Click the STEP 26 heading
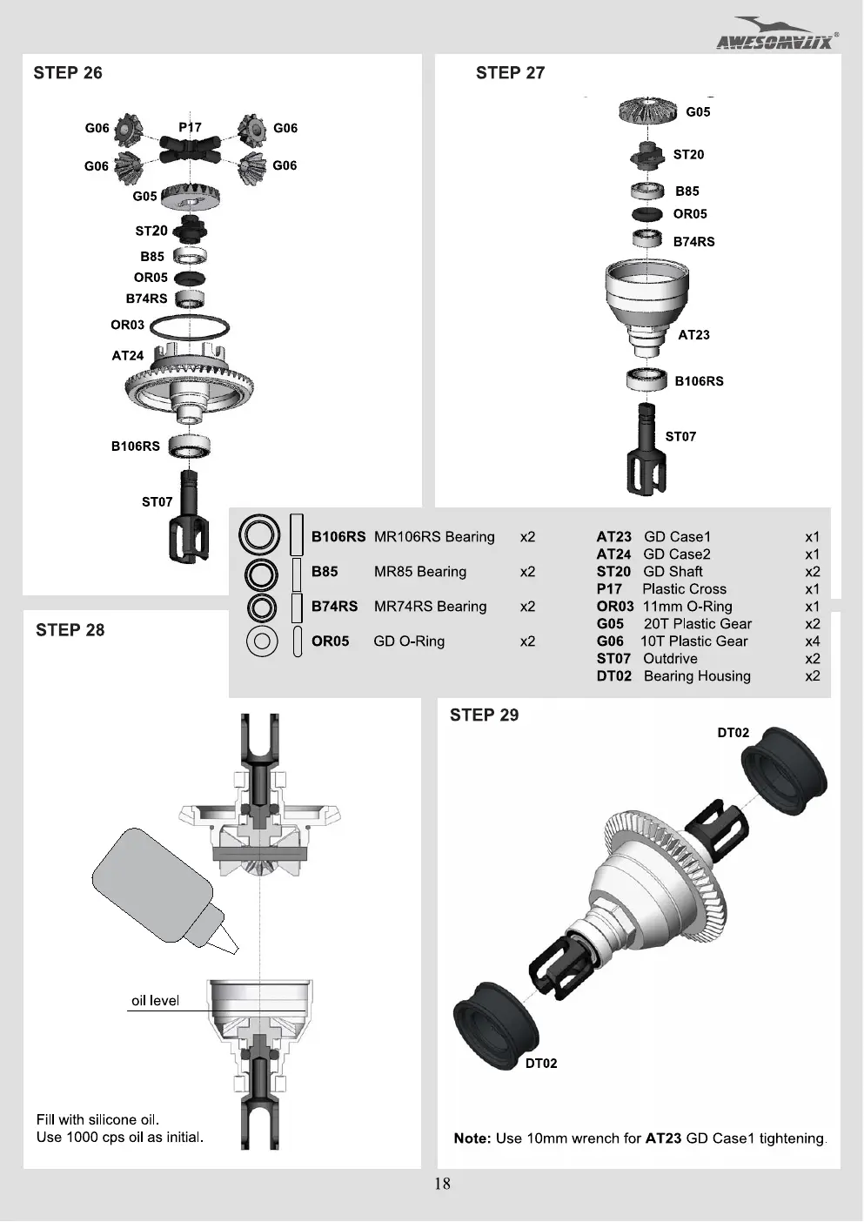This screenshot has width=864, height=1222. tap(68, 72)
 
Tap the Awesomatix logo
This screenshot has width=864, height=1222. tap(777, 34)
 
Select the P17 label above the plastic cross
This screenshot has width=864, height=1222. tap(190, 127)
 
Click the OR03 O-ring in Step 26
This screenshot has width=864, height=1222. tap(190, 327)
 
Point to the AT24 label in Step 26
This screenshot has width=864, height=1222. tap(128, 356)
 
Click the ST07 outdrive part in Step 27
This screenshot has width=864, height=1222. tap(646, 449)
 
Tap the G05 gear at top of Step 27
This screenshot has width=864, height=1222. tap(648, 111)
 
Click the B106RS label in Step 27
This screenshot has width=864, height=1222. tap(699, 380)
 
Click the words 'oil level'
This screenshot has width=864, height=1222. tap(155, 1000)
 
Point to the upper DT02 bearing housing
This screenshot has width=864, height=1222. tap(784, 769)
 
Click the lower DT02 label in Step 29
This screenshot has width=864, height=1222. tap(541, 1063)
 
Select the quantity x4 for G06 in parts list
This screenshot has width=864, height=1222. tap(812, 641)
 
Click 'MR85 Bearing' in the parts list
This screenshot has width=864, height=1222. tap(420, 571)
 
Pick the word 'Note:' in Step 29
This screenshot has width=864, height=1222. tap(472, 1138)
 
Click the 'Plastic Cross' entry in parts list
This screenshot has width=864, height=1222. tap(684, 588)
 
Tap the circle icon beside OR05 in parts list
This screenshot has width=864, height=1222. tap(262, 641)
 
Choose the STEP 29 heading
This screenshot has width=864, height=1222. tap(484, 715)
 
